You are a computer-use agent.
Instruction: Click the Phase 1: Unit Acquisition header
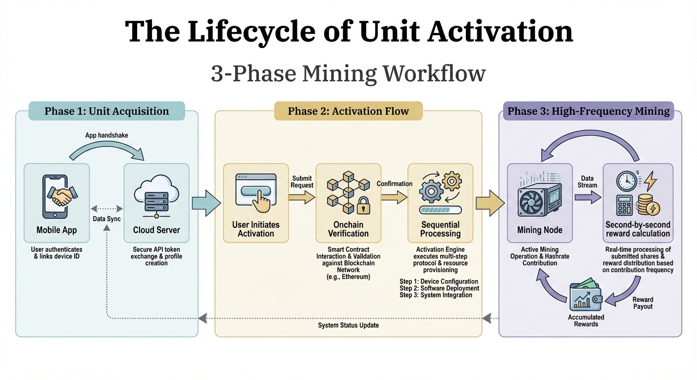pyautogui.click(x=106, y=111)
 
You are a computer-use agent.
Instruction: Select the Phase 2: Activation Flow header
pyautogui.click(x=348, y=111)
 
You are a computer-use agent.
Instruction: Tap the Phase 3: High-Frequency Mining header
pyautogui.click(x=589, y=111)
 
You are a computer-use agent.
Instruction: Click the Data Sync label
pyautogui.click(x=107, y=219)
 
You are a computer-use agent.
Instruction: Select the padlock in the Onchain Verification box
pyautogui.click(x=364, y=206)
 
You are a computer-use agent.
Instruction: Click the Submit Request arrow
pyautogui.click(x=302, y=197)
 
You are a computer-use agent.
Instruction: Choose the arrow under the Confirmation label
pyautogui.click(x=394, y=197)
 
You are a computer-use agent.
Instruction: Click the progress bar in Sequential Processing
pyautogui.click(x=440, y=210)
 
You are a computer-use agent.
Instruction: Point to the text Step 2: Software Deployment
pyautogui.click(x=439, y=288)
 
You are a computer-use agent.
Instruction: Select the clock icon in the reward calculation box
pyautogui.click(x=626, y=182)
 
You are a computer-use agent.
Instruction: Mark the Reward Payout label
pyautogui.click(x=643, y=303)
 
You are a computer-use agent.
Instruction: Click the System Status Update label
pyautogui.click(x=348, y=325)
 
